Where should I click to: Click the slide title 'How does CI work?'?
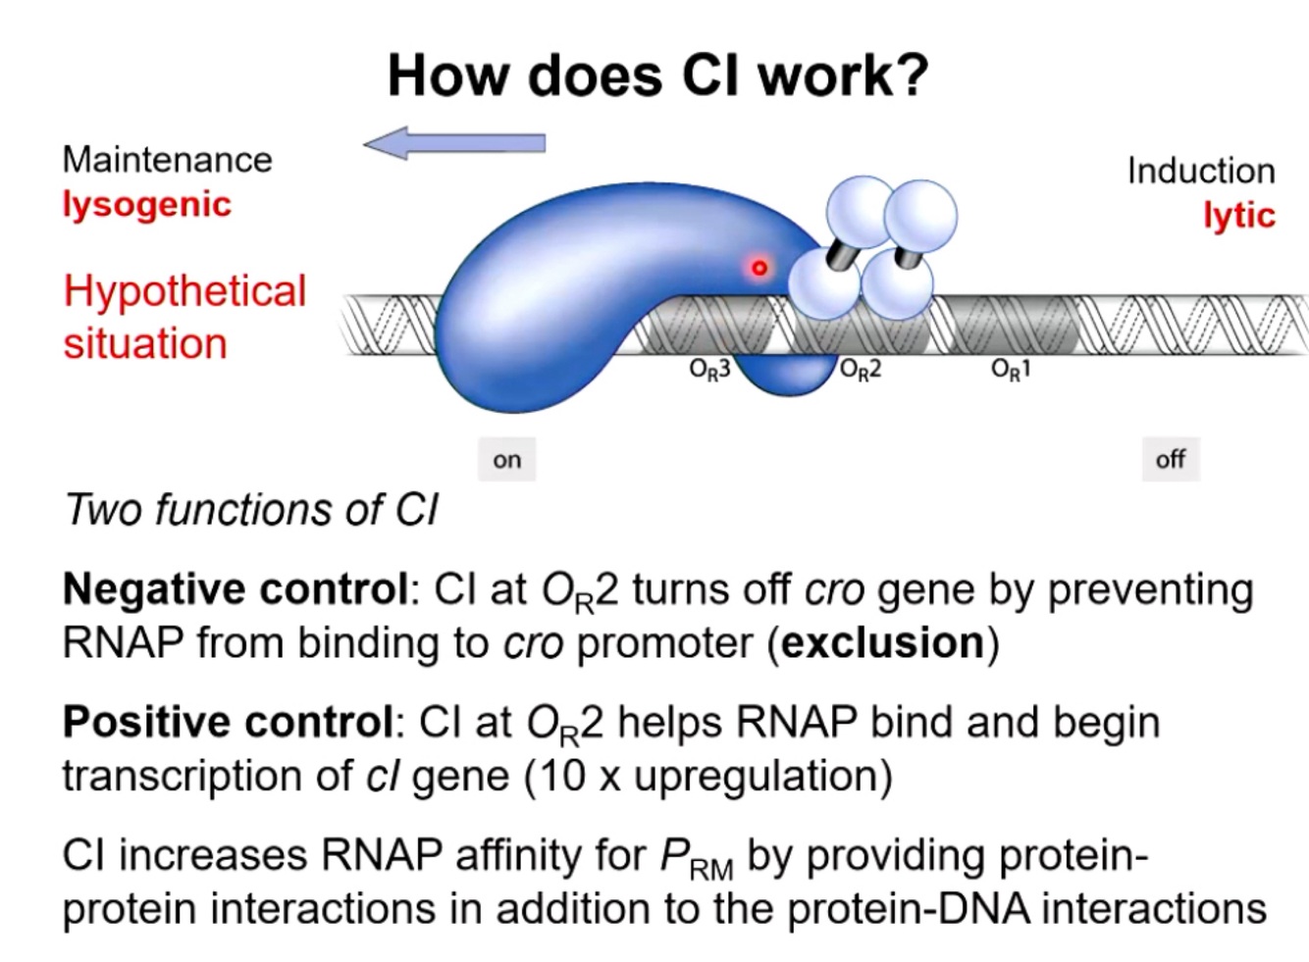pos(657,75)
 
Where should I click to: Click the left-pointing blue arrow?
pos(454,144)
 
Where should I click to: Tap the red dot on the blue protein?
pos(759,267)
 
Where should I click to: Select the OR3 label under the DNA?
pos(709,370)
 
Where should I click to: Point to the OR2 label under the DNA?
pos(861,370)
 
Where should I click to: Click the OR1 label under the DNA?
pos(1010,370)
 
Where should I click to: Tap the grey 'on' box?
pos(507,460)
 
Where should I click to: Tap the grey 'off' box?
pos(1170,459)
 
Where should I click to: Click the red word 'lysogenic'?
pos(147,205)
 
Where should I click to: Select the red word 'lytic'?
pos(1239,216)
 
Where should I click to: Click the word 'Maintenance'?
pos(167,160)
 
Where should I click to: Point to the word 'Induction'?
pos(1200,172)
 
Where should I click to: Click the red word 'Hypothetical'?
pos(184,292)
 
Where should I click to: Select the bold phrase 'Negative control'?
pos(236,590)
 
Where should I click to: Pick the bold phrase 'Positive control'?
pos(228,723)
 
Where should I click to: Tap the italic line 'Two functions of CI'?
pos(250,510)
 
